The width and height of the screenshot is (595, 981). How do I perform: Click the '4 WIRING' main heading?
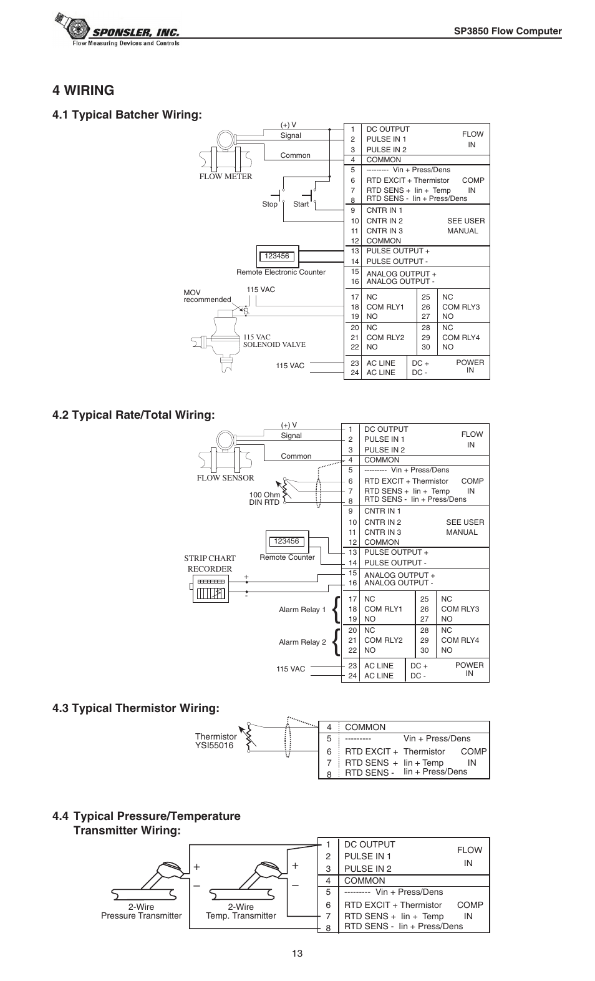[84, 90]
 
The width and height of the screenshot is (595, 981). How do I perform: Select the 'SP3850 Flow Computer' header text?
[508, 31]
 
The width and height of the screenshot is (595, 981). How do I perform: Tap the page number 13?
[296, 953]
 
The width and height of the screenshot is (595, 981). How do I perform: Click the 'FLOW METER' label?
[225, 177]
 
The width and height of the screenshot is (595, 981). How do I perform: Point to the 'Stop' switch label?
[269, 204]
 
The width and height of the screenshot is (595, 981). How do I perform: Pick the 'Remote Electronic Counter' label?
[281, 272]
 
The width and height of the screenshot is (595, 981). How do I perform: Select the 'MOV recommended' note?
[206, 296]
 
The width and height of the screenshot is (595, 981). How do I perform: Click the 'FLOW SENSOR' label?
[225, 478]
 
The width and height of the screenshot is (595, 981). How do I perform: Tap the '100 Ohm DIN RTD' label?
[264, 499]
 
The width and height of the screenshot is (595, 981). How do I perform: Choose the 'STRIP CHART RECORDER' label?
[210, 564]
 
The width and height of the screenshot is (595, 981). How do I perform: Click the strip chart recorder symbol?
[210, 588]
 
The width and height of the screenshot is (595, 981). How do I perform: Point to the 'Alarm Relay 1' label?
[302, 610]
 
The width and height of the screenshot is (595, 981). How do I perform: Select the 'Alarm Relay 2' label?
[302, 642]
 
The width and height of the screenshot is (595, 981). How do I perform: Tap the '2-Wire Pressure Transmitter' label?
[142, 911]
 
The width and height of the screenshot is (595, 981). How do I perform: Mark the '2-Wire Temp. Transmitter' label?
[241, 911]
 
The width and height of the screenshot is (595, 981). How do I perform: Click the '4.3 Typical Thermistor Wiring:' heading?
[136, 708]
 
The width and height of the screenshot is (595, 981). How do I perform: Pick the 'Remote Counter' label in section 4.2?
[287, 557]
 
